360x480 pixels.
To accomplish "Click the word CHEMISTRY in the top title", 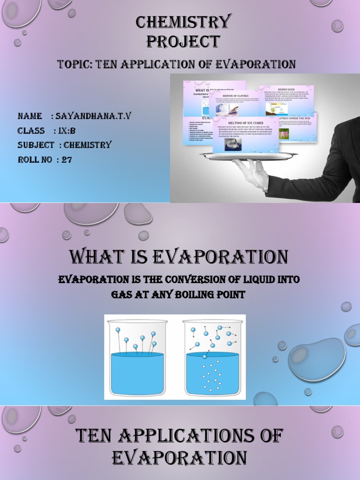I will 183,22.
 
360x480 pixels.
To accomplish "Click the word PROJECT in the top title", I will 183,41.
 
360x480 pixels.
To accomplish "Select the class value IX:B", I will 66,131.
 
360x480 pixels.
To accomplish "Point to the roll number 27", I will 67,160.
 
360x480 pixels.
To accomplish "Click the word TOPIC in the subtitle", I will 75,64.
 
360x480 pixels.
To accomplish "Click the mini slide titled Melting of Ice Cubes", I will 246,136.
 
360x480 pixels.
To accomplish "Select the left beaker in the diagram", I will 137,357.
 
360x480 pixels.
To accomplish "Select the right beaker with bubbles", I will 213,357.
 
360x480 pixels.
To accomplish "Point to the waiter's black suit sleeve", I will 319,178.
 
